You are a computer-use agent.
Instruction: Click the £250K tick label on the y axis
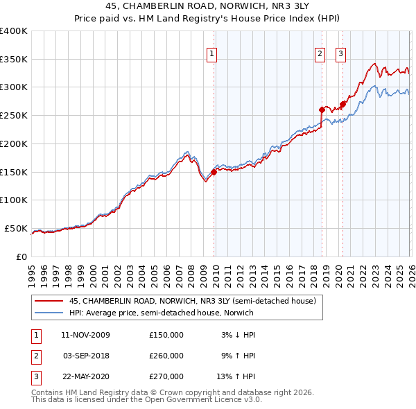(x=13, y=115)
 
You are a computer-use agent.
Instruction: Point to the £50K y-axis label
(x=15, y=228)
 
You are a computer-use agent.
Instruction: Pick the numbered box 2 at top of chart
(x=320, y=54)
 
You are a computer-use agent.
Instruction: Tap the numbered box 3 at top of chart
(x=342, y=54)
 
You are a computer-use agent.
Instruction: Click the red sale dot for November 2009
(x=214, y=173)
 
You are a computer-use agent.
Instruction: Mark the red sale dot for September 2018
(x=322, y=110)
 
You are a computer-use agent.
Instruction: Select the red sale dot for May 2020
(x=343, y=104)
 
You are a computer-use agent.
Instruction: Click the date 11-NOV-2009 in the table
(x=85, y=335)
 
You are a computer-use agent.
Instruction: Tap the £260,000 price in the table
(x=166, y=356)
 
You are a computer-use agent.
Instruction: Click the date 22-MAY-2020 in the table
(x=85, y=376)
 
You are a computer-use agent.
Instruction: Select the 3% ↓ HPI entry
(x=238, y=335)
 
